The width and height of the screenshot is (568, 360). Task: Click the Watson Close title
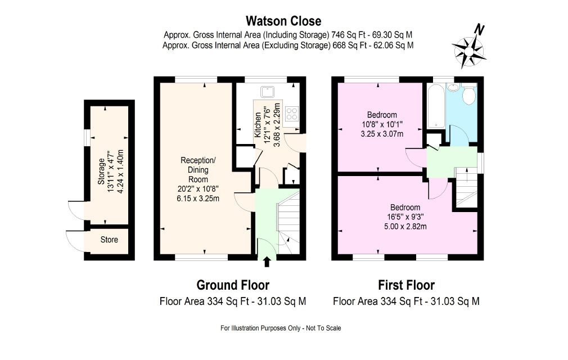coord(283,21)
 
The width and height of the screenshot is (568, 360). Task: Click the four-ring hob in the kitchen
coord(292,114)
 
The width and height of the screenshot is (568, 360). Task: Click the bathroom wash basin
coord(453,87)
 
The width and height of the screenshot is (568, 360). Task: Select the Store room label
coord(109,240)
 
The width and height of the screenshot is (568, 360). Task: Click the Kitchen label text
coord(258,124)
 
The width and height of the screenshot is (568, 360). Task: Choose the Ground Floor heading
coord(233,285)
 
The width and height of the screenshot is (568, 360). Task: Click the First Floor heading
coord(406,285)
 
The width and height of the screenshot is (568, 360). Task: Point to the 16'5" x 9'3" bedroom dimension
coord(405,217)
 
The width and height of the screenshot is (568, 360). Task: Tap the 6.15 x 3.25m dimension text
coord(198,199)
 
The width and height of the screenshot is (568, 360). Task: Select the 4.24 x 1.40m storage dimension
coord(121,171)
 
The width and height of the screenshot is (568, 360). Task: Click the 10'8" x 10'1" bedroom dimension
coord(382,124)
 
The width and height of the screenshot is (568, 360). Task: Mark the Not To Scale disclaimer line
coord(281,328)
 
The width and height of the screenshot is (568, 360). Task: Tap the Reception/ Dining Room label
coord(198,169)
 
